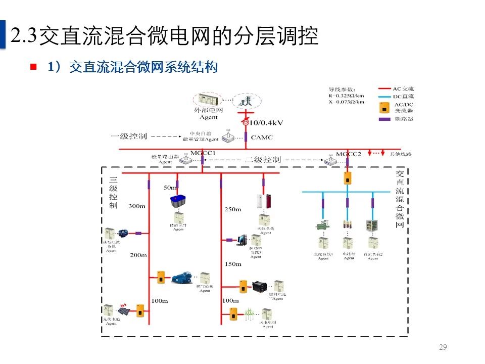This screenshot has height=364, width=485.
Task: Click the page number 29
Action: click(443, 347)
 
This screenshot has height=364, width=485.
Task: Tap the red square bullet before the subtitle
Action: click(34, 67)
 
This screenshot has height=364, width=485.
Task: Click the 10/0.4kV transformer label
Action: click(265, 123)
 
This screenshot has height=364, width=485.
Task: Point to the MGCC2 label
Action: click(349, 153)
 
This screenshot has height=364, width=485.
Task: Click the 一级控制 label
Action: click(129, 136)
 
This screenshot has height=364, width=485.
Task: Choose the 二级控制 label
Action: click(262, 160)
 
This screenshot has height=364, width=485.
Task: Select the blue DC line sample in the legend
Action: click(385, 96)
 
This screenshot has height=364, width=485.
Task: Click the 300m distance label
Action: click(137, 206)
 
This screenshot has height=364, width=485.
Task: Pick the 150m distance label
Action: click(233, 264)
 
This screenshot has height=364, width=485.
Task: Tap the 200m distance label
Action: click(138, 255)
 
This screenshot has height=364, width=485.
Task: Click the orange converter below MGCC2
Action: click(348, 178)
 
